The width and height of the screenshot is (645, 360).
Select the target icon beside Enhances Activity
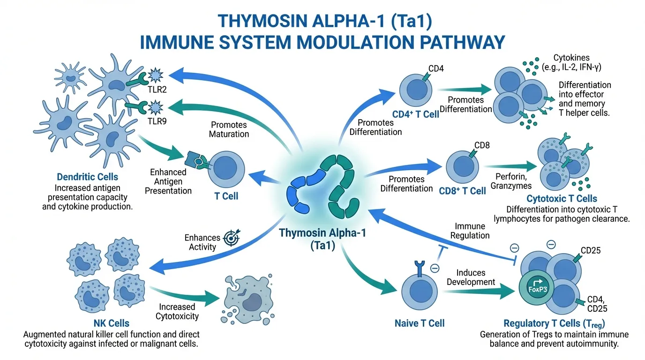pos(231,238)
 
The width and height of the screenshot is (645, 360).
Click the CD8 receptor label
pos(482,145)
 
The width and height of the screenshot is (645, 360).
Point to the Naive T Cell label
pos(420,322)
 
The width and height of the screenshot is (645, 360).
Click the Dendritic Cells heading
pos(88,177)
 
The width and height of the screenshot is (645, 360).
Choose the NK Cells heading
pos(112,323)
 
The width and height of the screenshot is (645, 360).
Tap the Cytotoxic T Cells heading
pos(562,199)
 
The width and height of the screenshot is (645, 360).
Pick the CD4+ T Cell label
pos(416,114)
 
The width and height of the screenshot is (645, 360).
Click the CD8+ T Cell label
pos(462,191)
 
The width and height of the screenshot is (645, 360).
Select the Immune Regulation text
pos(470,231)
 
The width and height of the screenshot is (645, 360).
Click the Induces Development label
pos(471,277)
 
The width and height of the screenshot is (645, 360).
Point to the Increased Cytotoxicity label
pos(177,311)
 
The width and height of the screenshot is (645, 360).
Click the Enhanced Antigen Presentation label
pos(168,181)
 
